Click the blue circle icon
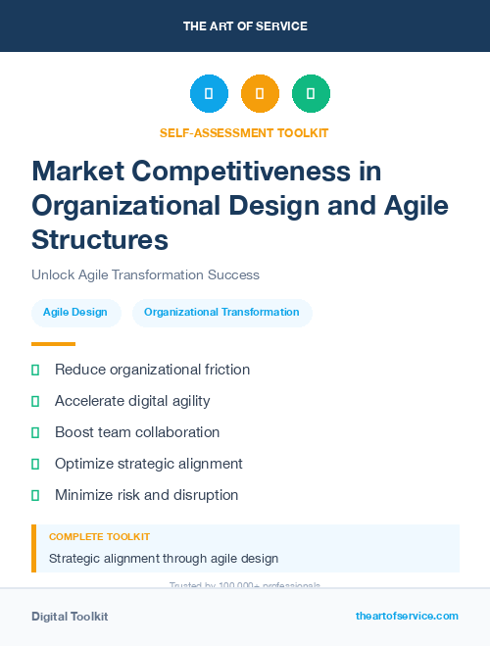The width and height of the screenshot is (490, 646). click(x=209, y=94)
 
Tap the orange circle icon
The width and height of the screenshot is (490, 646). click(x=260, y=94)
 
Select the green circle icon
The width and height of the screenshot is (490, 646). click(x=311, y=94)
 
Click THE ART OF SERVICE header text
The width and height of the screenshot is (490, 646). click(x=245, y=26)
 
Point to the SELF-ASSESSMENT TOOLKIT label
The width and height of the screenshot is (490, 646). click(x=244, y=132)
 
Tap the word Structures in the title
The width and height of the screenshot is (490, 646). click(x=100, y=239)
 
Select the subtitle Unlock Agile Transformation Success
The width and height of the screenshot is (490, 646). click(x=145, y=275)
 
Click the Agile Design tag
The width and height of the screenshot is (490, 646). click(x=75, y=313)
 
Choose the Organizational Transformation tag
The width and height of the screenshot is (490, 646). click(x=221, y=313)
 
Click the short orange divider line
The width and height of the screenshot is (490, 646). click(x=53, y=344)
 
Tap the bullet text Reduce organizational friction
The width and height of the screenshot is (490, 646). click(x=152, y=370)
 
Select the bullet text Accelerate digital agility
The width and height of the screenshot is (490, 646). click(x=132, y=401)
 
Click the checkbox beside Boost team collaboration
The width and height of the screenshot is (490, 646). click(x=35, y=432)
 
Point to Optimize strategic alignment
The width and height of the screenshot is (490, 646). click(x=148, y=464)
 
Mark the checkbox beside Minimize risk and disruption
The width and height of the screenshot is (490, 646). click(x=35, y=495)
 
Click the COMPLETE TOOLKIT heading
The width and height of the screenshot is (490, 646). click(x=99, y=537)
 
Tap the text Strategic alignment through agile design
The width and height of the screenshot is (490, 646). click(x=164, y=559)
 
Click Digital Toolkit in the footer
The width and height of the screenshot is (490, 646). click(x=70, y=617)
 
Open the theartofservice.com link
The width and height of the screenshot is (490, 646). click(x=407, y=616)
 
